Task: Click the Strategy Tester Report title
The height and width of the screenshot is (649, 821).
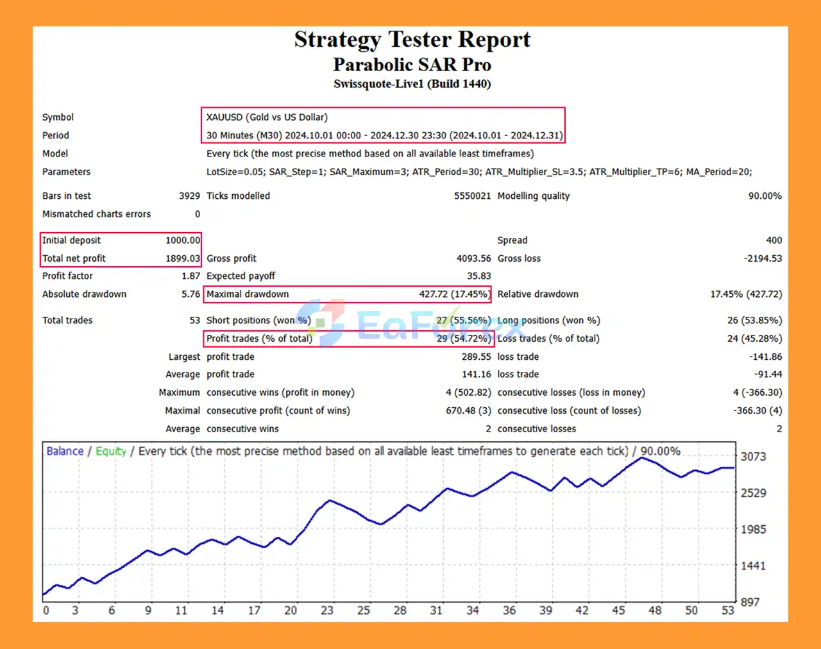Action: (412, 40)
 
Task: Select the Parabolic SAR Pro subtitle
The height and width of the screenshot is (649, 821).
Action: (412, 65)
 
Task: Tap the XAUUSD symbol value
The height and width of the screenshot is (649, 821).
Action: (267, 117)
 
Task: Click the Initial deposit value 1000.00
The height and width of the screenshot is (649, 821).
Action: (183, 240)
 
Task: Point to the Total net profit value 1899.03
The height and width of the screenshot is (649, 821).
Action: (183, 258)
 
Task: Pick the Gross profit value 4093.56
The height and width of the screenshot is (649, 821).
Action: (473, 258)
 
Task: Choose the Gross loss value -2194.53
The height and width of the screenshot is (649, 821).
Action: (763, 258)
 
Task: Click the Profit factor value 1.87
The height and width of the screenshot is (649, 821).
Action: (190, 276)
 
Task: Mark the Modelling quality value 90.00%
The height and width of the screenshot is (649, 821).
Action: (765, 196)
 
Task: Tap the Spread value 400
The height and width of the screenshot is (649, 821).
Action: (774, 240)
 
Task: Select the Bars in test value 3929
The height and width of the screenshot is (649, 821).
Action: (189, 196)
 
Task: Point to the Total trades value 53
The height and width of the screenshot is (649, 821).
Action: (194, 321)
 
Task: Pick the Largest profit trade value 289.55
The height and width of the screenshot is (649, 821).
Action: (476, 357)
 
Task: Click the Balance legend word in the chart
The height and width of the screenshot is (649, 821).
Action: (65, 451)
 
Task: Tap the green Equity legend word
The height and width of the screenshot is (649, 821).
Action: (111, 451)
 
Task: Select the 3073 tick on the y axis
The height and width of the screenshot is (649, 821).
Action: (753, 457)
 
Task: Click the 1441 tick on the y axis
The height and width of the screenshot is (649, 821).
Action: (753, 566)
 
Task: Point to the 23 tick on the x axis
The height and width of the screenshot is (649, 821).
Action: (327, 611)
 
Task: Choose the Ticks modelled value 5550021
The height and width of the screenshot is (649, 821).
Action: (472, 196)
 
